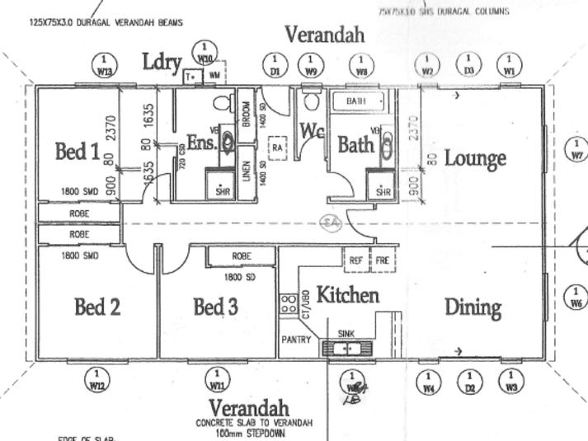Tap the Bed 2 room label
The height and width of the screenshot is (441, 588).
(97, 307)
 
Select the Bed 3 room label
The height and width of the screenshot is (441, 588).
(216, 307)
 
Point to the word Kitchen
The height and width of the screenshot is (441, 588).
(348, 294)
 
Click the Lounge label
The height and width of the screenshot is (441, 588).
(475, 157)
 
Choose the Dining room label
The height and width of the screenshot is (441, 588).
(473, 307)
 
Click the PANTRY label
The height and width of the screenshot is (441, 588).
(295, 339)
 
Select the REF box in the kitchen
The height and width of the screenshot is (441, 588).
(356, 260)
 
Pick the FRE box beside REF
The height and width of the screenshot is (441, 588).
(382, 260)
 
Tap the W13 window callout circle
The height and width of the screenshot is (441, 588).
(105, 63)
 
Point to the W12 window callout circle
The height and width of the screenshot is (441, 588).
(98, 379)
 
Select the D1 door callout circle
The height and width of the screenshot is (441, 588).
(275, 63)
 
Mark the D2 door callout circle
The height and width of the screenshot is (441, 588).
(470, 381)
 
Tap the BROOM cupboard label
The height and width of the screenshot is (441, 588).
(246, 111)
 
